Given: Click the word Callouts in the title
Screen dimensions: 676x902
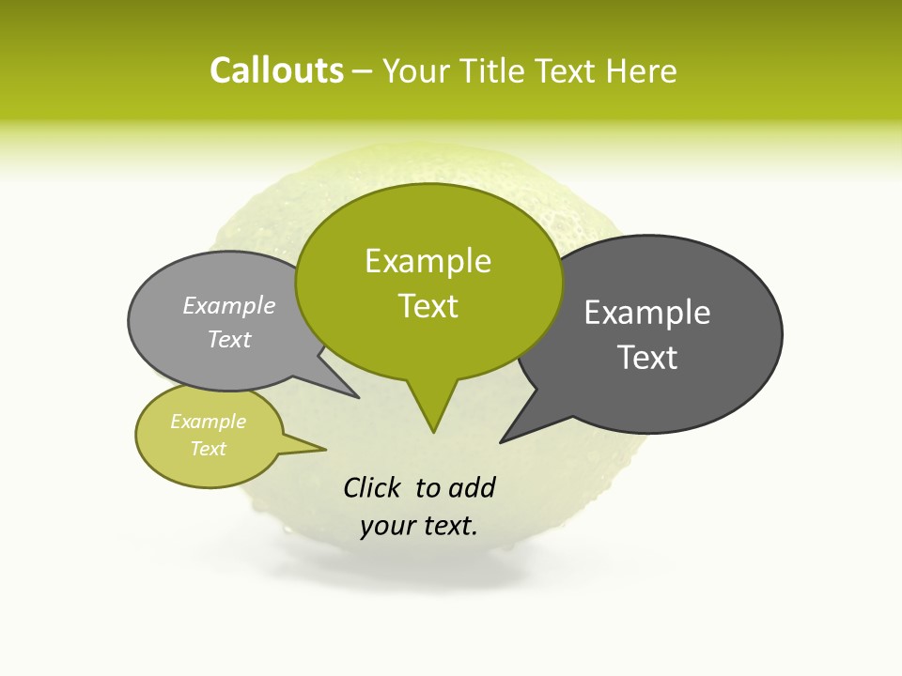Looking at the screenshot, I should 276,71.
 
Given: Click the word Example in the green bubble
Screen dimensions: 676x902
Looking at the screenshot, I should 428,261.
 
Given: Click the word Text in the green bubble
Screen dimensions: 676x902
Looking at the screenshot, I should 428,306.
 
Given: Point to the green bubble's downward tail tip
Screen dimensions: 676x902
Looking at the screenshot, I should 433,432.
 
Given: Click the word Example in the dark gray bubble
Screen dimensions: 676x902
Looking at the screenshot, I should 647,313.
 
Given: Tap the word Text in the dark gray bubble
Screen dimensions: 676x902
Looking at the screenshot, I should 647,358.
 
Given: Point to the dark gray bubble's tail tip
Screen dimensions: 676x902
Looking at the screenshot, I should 501,442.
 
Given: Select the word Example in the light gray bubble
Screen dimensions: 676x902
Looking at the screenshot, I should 229,306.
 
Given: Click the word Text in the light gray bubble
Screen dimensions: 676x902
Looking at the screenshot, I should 229,340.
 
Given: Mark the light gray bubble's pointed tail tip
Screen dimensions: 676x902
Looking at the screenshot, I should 359,398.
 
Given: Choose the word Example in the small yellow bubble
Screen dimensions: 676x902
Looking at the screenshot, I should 208,422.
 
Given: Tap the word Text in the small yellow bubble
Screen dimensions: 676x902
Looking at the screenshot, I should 208,449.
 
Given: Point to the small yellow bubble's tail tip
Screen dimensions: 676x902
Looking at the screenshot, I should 325,449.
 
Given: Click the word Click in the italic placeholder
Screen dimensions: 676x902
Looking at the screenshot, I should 372,488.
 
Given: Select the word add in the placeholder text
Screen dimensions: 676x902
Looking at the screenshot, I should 472,488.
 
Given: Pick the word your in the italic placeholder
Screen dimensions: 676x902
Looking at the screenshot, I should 385,526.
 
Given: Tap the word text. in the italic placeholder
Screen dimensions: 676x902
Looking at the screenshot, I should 447,526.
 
